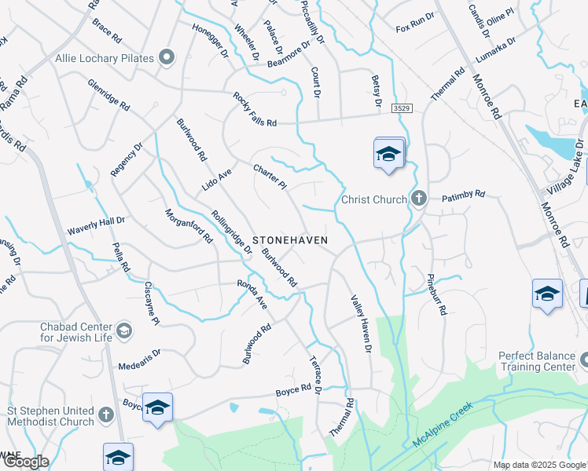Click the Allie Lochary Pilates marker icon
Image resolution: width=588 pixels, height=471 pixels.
pos(166,57)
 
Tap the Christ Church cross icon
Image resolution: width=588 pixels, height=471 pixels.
pos(418,199)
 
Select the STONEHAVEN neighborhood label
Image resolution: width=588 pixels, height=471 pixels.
pos(289,239)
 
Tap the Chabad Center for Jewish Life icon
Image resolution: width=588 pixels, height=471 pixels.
pos(123,331)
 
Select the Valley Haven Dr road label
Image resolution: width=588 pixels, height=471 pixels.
pos(360,323)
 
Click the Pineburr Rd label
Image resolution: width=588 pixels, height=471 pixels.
pos(437,294)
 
